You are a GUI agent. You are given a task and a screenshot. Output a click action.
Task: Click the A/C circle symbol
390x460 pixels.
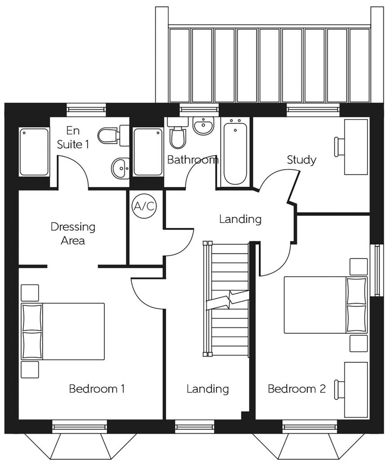coord(144,206)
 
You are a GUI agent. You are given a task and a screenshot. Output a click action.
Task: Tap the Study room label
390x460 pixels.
coord(301,159)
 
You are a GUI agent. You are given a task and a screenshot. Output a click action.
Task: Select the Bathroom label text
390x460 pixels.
coord(192,159)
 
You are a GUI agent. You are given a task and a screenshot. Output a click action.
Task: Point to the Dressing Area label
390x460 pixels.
coord(73,233)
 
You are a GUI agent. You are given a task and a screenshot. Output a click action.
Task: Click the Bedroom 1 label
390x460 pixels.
coord(97,389)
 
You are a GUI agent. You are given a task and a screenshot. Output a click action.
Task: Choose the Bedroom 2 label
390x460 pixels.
coord(297,389)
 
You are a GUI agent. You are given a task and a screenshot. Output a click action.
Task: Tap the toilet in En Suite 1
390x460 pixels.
coord(108,135)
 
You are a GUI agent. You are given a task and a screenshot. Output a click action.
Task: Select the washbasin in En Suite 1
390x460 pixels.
coord(120,168)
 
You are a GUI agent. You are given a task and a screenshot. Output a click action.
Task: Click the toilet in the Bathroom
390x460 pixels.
coord(178,135)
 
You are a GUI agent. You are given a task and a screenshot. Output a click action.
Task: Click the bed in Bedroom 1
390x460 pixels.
coord(63,331)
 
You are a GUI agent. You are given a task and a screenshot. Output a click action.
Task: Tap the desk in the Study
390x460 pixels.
coord(356,146)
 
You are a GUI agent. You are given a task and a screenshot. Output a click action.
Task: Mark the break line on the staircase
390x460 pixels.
coord(228,300)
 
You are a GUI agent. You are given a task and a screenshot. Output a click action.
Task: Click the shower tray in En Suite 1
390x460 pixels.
coord(34,152)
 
